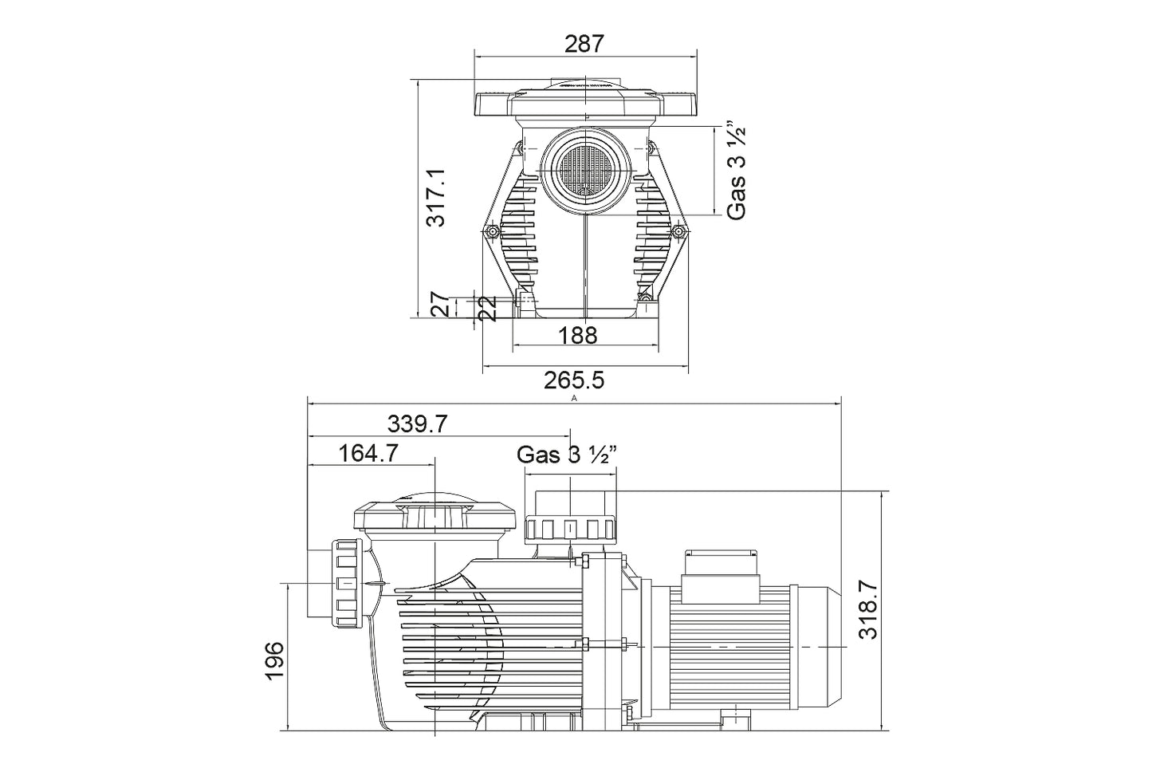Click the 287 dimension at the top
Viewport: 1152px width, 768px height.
click(x=584, y=44)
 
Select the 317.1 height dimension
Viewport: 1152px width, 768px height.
click(x=436, y=198)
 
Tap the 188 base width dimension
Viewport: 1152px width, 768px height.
click(x=577, y=336)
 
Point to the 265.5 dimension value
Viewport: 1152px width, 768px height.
click(x=574, y=380)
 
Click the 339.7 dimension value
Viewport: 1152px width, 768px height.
click(x=417, y=424)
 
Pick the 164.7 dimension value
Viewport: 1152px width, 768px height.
click(x=369, y=453)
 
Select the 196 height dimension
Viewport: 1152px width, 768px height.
click(x=274, y=661)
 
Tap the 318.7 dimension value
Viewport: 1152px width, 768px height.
click(x=868, y=609)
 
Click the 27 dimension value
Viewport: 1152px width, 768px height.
click(x=441, y=304)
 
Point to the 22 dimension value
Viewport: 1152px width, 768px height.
click(x=487, y=309)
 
